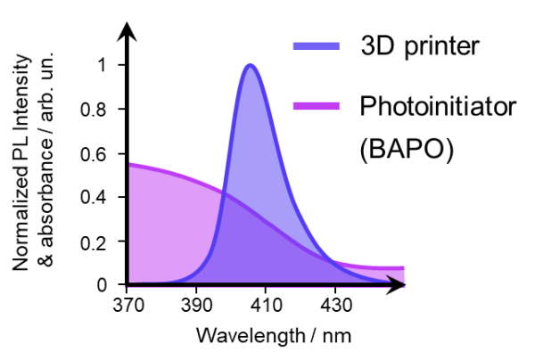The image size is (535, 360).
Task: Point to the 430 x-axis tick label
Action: click(335, 306)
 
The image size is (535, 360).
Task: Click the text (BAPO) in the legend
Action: click(407, 150)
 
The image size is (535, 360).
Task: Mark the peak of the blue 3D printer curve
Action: click(251, 65)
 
